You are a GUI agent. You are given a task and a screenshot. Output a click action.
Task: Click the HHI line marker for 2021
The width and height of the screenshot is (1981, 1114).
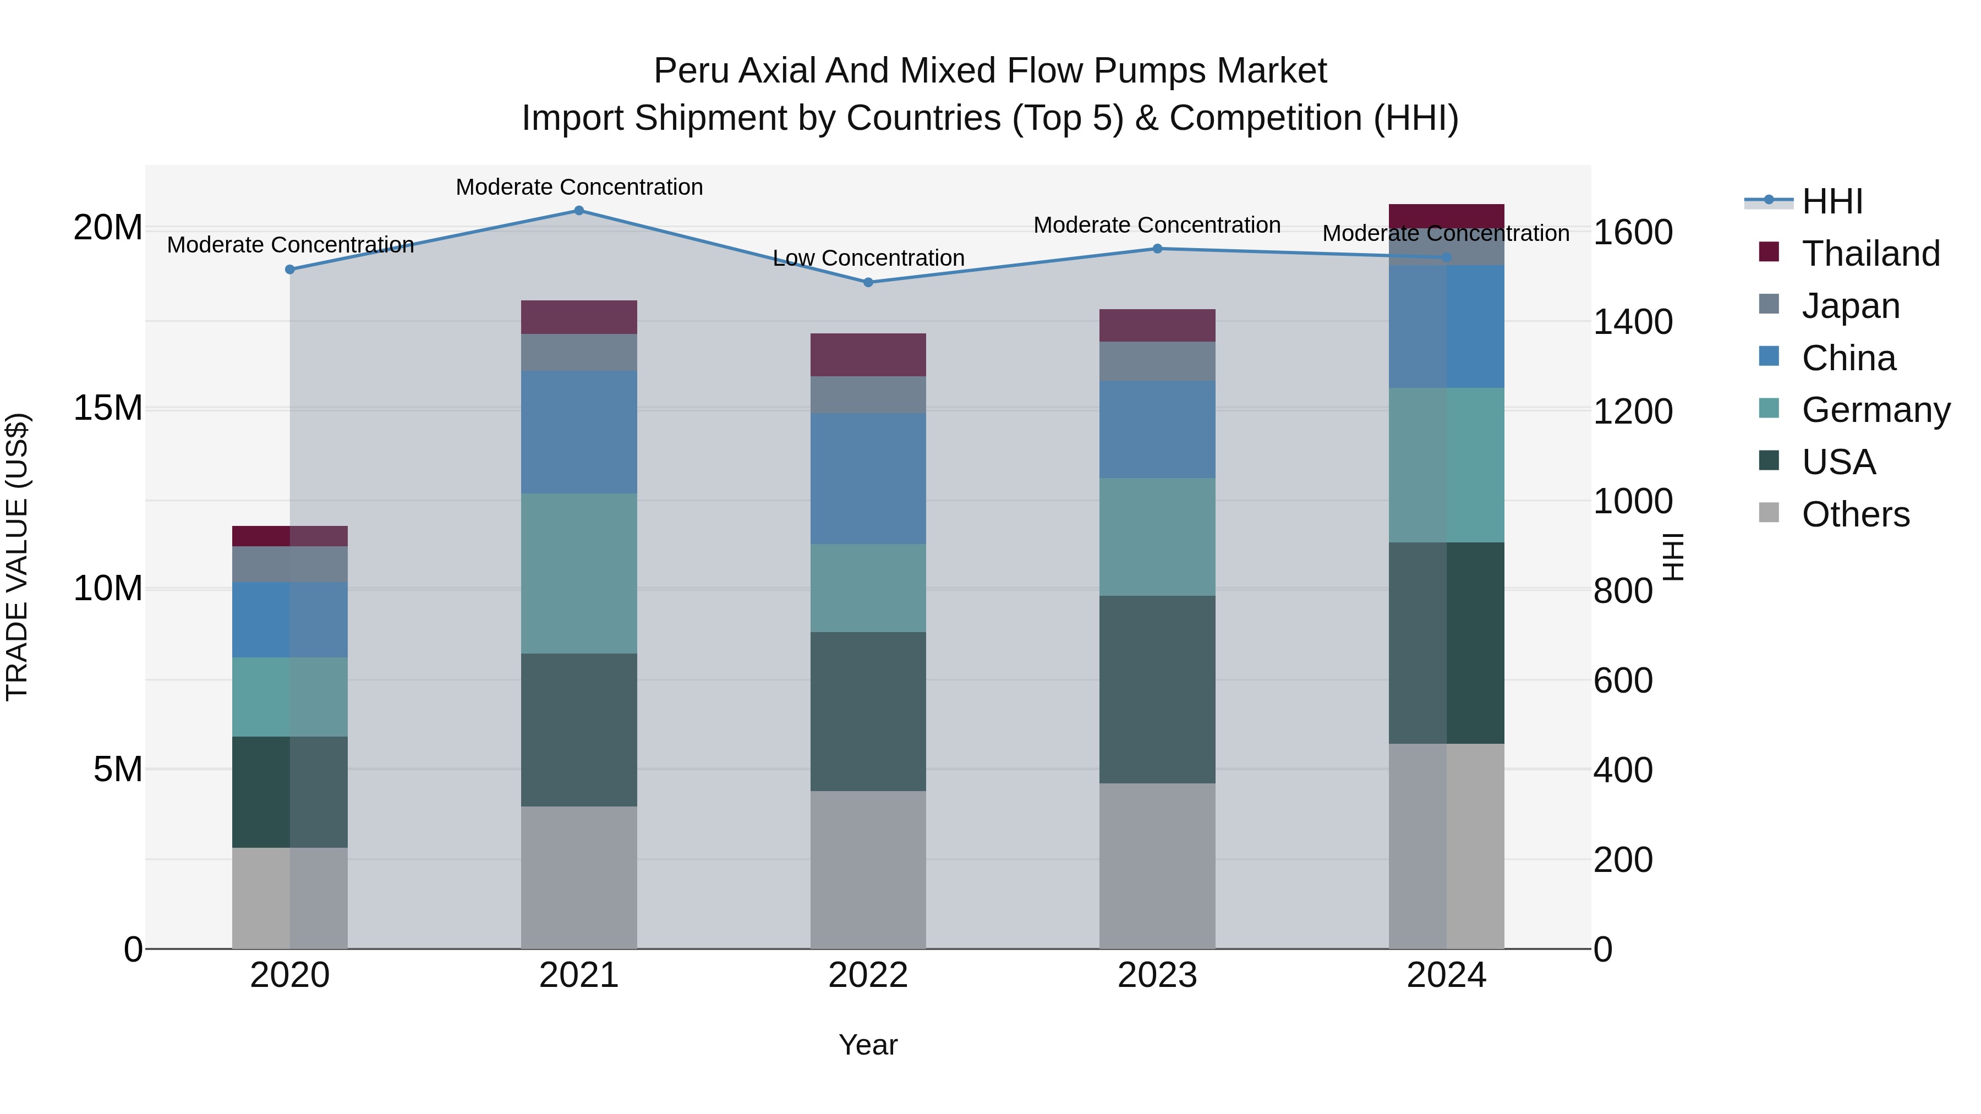pos(579,211)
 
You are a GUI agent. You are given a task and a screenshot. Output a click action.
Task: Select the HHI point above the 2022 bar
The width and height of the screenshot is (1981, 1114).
pos(868,282)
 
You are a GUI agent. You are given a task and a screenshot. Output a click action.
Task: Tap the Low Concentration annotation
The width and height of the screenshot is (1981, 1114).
pos(868,259)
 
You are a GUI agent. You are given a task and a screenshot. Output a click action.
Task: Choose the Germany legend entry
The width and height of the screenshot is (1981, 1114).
pos(1875,410)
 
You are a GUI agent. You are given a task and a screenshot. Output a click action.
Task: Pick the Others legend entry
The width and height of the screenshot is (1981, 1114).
pos(1855,514)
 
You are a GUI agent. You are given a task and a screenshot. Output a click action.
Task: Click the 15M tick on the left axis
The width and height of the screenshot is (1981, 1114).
pos(108,408)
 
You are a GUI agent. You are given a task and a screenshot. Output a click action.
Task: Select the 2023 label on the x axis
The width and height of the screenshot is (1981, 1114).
pos(1157,975)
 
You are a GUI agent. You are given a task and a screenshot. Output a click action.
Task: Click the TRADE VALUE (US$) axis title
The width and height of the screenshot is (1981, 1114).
pos(17,557)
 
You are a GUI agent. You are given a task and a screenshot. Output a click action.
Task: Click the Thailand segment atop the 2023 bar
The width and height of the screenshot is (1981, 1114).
pos(1157,325)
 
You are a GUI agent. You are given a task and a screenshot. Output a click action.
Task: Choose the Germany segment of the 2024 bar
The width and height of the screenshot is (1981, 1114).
pos(1446,464)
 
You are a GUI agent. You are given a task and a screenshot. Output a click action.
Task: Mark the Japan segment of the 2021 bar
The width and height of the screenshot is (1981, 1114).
pos(579,352)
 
